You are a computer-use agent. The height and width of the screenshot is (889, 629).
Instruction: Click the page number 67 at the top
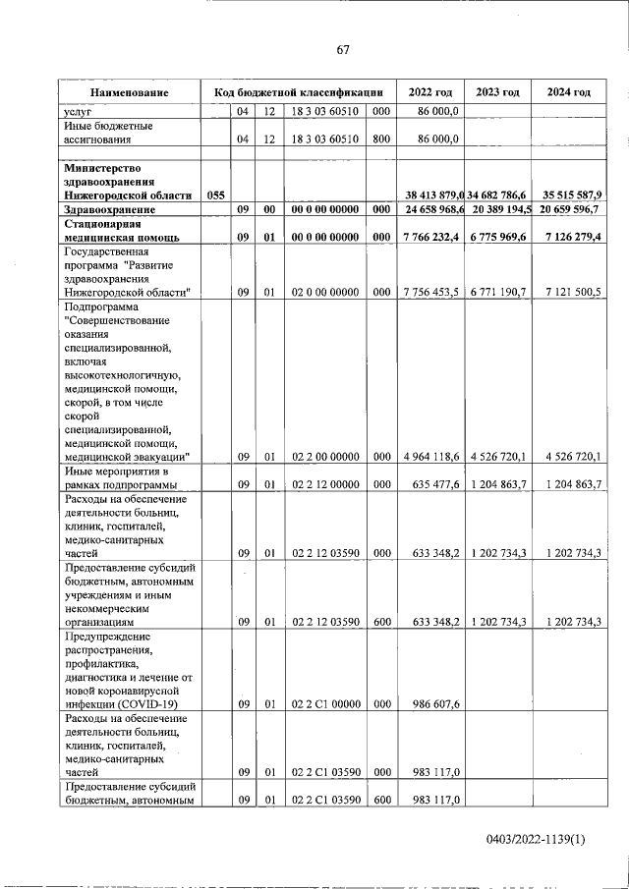343,50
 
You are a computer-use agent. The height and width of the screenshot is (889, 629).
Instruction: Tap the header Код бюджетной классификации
299,92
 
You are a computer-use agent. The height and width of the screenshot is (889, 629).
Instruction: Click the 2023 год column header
497,92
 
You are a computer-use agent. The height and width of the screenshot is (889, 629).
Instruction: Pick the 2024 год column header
567,92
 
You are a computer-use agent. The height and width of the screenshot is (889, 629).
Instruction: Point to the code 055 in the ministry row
216,195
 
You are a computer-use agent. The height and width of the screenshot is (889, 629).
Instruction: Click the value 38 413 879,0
431,195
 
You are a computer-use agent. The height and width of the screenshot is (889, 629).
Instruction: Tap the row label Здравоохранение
108,210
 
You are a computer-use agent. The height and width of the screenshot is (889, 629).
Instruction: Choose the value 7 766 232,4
430,237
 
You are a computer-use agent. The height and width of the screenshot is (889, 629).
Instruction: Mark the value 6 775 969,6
498,237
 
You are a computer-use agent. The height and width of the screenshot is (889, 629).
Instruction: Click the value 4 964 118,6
430,456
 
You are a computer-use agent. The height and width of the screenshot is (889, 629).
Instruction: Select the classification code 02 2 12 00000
325,484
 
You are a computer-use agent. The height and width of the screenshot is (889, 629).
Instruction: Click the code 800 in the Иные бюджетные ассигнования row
381,139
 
